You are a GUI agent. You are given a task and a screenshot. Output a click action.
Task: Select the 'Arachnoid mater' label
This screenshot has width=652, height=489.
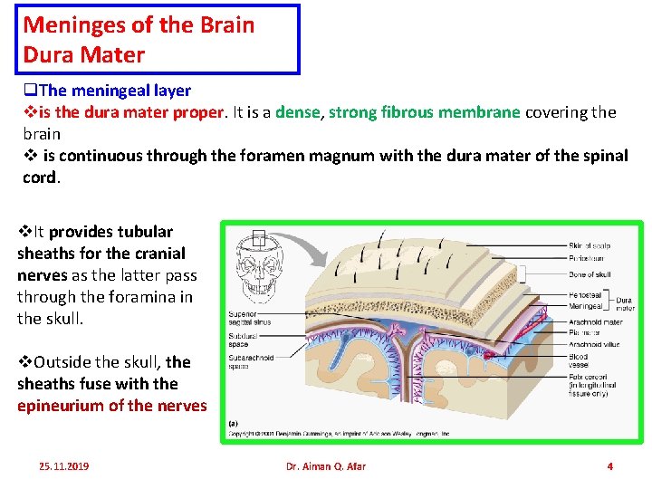coord(596,321)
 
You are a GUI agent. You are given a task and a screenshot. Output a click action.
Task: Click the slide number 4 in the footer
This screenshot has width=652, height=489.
coord(609,466)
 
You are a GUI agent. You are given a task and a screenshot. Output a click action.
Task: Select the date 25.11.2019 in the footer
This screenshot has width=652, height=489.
coord(64,466)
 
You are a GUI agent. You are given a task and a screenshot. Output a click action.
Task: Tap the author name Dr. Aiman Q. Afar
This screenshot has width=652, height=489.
coord(326,466)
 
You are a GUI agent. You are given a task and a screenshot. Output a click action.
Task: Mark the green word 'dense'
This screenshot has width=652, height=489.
coord(297,112)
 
